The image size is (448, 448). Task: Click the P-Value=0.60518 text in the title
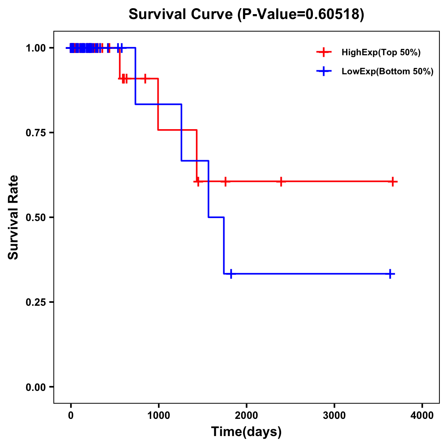(x=301, y=14)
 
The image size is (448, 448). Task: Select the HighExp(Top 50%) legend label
(x=381, y=53)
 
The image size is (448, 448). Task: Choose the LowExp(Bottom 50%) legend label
(x=388, y=72)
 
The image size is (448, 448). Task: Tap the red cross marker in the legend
(x=324, y=52)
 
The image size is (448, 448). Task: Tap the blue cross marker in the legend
(x=324, y=71)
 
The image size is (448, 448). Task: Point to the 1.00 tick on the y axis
(x=36, y=48)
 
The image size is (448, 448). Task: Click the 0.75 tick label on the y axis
(x=36, y=133)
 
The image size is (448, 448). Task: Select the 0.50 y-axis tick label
(x=36, y=218)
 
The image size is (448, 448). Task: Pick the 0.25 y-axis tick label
(x=36, y=302)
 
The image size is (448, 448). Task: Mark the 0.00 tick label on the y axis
(x=36, y=387)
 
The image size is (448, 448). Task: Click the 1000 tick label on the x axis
(x=159, y=416)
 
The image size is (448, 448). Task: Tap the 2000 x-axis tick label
(x=246, y=416)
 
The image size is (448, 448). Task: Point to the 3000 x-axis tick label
(x=334, y=416)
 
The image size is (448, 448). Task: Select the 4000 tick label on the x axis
(x=422, y=416)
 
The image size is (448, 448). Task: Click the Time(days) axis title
(x=246, y=432)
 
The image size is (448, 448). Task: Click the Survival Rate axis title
(x=13, y=217)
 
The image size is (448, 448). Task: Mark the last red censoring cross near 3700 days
(x=392, y=182)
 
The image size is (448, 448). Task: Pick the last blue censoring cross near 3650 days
(x=390, y=274)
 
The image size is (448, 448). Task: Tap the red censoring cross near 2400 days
(x=281, y=182)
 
